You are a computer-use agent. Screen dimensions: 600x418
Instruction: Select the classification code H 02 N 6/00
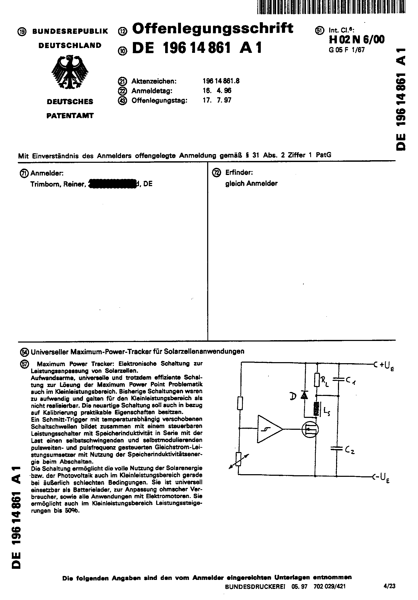(357, 40)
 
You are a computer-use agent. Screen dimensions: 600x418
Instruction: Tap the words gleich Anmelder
(251, 183)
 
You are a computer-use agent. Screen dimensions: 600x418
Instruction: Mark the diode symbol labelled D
(305, 395)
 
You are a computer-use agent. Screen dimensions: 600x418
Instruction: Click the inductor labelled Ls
(315, 408)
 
